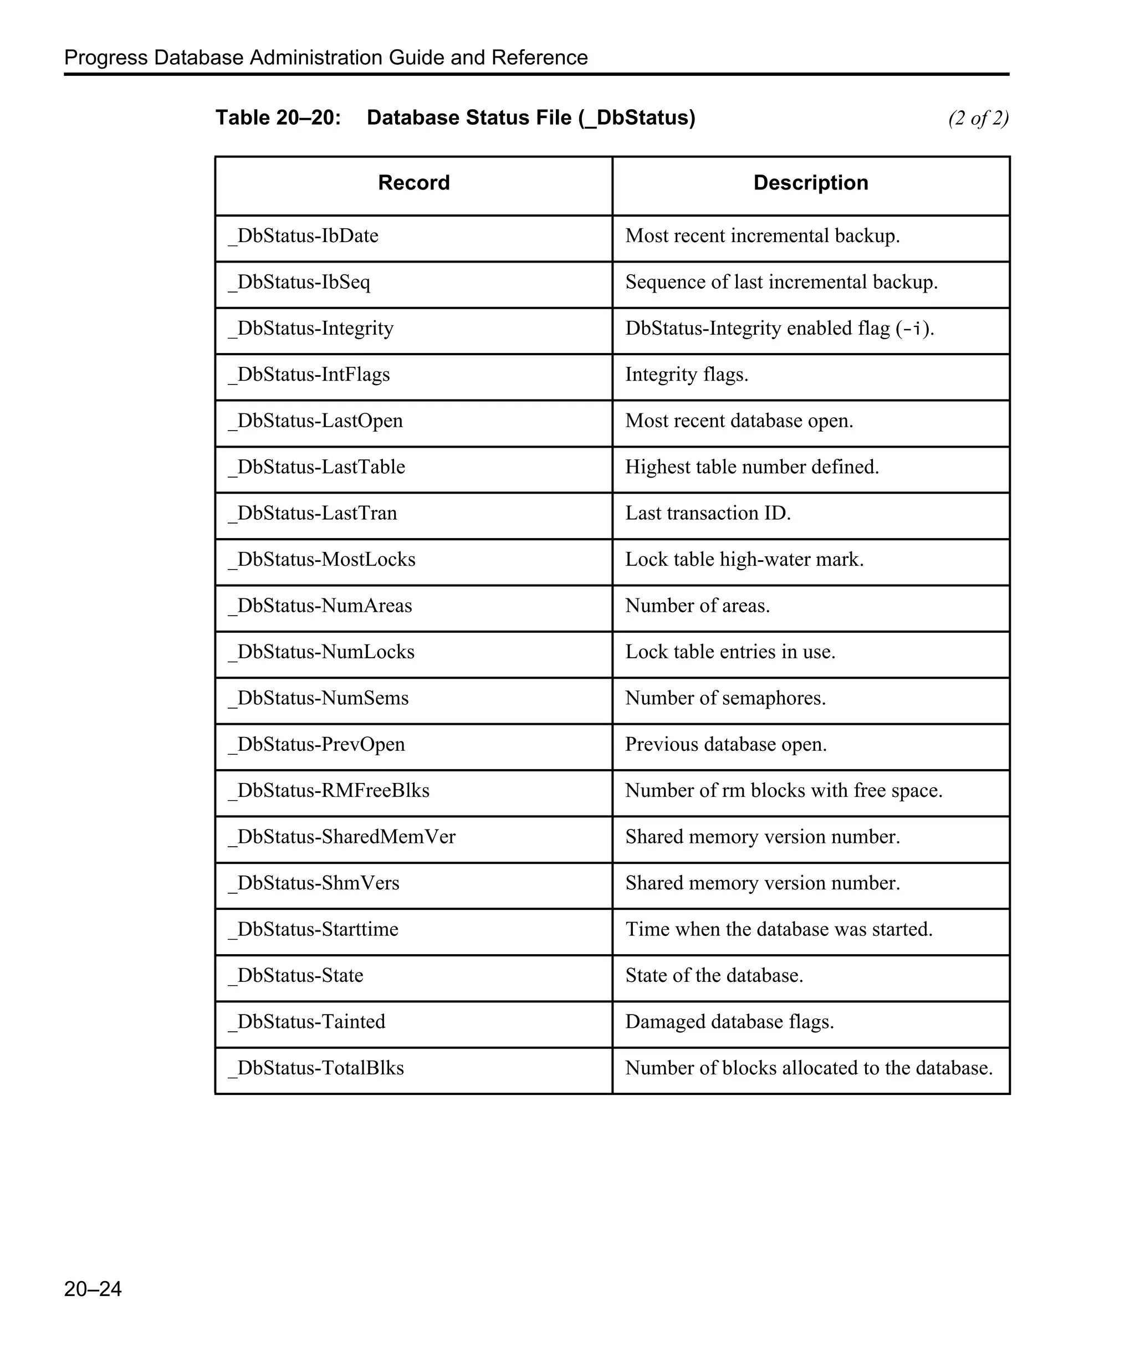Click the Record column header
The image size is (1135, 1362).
coord(414,183)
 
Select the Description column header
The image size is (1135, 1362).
coord(811,183)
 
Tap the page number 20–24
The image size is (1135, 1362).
coord(93,1289)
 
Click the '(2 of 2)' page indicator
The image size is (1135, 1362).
coord(978,118)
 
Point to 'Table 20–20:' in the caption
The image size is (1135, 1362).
coord(278,118)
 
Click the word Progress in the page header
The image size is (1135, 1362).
coord(106,58)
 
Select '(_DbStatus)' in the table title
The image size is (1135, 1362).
coord(637,118)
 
